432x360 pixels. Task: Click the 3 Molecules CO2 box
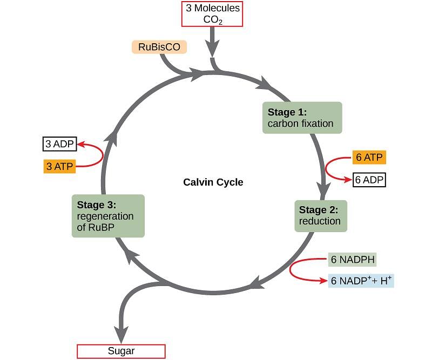point(212,14)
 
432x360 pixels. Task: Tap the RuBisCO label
point(159,47)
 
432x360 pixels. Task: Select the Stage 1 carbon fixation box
point(302,118)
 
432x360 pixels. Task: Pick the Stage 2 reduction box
point(321,216)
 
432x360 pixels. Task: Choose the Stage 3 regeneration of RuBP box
point(108,216)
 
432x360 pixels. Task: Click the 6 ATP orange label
point(369,157)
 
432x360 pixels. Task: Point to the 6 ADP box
point(369,180)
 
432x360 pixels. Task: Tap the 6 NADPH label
point(353,260)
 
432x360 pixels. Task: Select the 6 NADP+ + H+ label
point(361,281)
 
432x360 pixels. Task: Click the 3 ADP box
point(59,144)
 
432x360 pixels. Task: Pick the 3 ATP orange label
point(59,166)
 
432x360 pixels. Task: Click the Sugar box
point(121,351)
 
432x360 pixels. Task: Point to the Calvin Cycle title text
point(213,182)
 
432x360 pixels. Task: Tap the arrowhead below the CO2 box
point(212,48)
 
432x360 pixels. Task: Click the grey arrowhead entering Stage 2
point(323,191)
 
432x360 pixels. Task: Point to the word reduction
point(320,221)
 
